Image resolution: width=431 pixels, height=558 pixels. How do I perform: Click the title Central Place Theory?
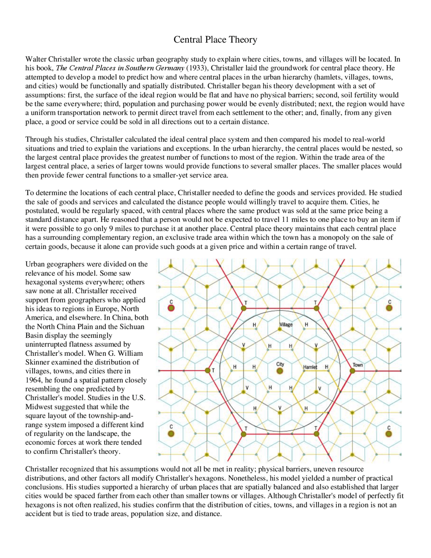215,40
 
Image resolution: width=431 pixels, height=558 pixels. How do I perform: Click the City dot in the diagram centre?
279,371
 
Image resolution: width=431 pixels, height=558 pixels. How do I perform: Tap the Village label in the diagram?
286,324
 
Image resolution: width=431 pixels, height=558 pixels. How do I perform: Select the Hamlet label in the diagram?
310,367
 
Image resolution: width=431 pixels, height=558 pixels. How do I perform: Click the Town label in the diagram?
358,365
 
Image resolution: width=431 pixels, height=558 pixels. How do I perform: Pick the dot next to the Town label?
352,371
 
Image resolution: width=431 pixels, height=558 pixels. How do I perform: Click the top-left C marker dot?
171,308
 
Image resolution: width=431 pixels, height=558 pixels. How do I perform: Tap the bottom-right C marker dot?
389,434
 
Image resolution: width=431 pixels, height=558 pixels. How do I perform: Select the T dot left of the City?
207,371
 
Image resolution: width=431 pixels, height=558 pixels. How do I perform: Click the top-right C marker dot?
389,308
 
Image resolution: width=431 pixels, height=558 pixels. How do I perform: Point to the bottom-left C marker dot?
171,434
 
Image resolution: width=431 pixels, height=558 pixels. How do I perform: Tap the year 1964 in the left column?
33,380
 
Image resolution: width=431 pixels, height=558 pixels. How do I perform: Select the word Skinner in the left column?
37,362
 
